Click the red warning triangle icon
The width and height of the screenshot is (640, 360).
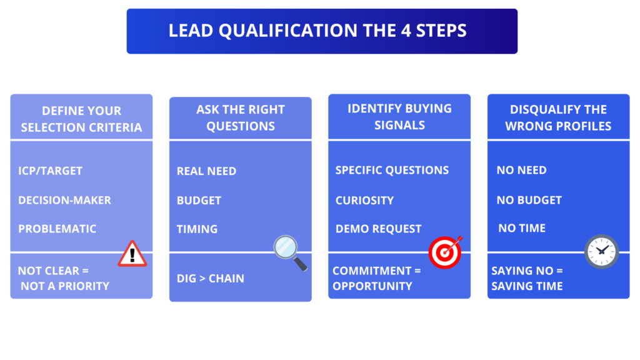tap(132, 253)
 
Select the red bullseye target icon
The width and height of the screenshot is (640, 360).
tap(445, 252)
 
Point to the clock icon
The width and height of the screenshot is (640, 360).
tap(601, 251)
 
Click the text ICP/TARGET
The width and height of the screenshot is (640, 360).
tap(50, 171)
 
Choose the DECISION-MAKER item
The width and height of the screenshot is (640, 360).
tap(64, 200)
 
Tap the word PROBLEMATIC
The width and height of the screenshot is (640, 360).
tap(57, 229)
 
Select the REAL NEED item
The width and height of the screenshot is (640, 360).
tap(206, 171)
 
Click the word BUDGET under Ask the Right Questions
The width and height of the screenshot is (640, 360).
tap(199, 201)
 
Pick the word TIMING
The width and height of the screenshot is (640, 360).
tap(197, 229)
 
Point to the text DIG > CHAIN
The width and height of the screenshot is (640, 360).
tap(210, 279)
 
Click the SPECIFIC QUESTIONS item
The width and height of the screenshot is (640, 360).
tap(392, 171)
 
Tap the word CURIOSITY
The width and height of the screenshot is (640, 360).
tap(364, 201)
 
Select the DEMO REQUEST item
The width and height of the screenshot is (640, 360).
tap(378, 229)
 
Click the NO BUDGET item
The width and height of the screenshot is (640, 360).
tap(529, 201)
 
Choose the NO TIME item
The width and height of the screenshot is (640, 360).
tap(522, 229)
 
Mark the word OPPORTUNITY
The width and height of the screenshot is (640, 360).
tap(372, 286)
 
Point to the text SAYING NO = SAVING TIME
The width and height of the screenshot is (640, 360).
tap(527, 279)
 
